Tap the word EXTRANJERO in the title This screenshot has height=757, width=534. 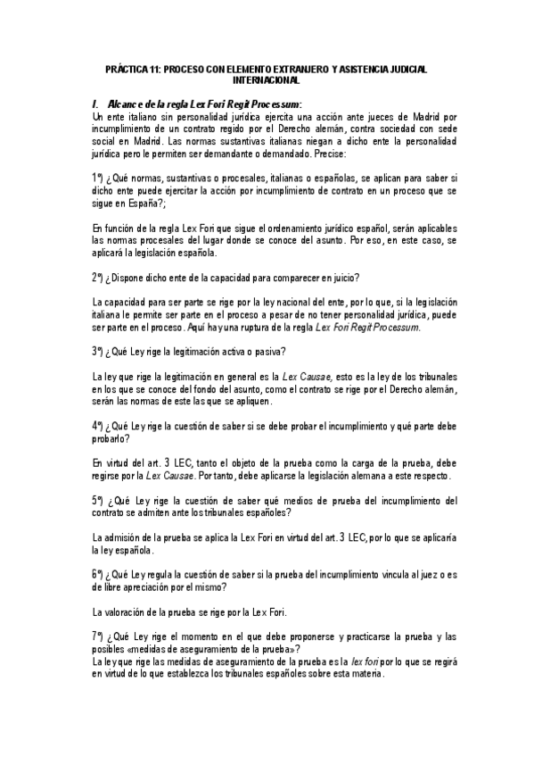point(306,70)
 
